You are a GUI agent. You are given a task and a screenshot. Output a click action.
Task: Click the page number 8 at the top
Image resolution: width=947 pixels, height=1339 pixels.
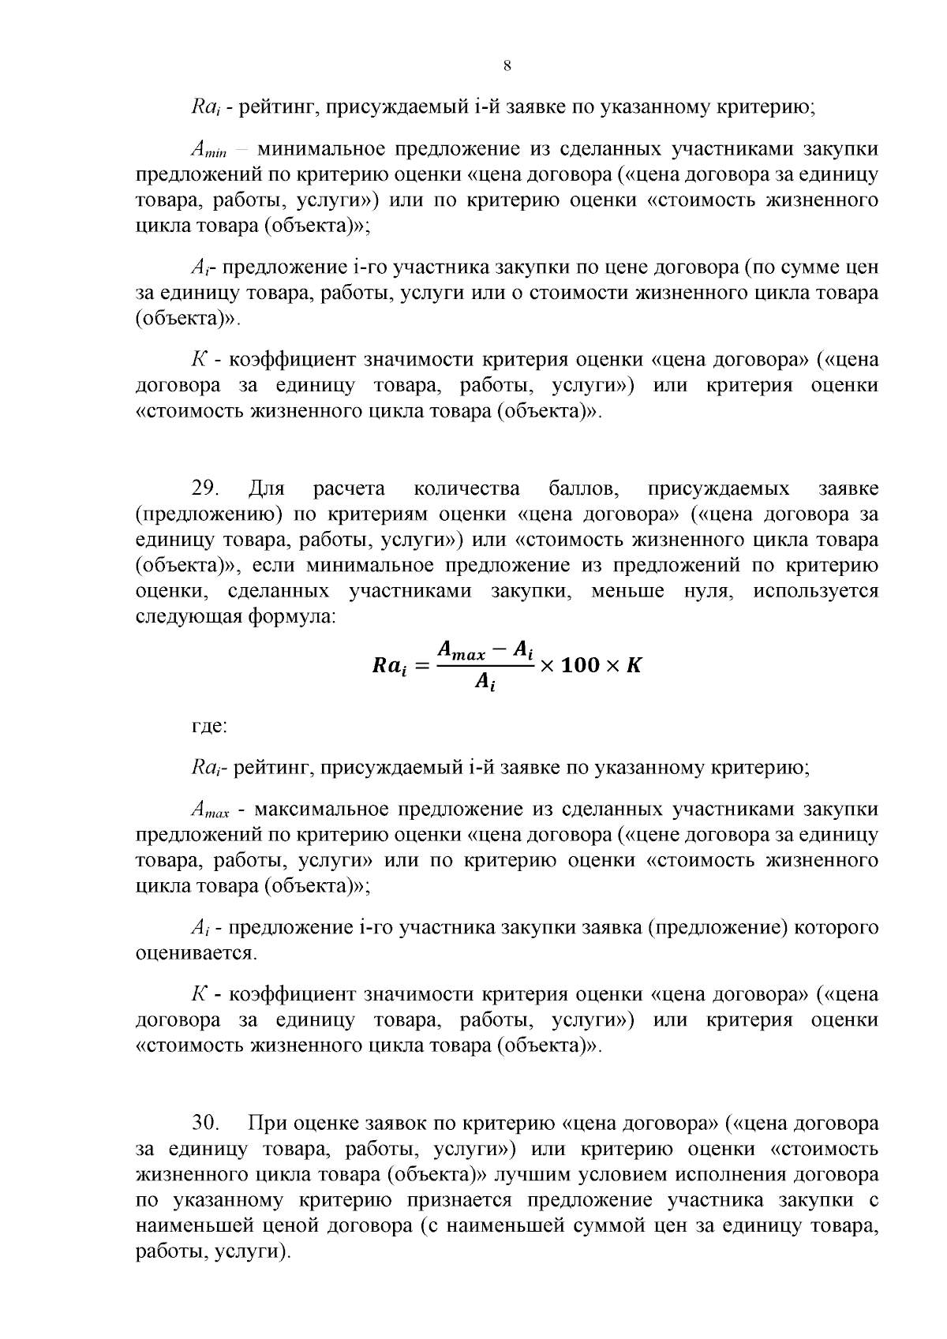click(x=507, y=65)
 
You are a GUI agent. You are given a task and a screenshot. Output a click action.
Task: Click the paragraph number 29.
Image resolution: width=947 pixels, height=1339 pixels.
click(x=206, y=488)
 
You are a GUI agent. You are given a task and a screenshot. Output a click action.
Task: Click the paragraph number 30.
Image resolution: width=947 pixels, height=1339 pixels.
click(x=206, y=1122)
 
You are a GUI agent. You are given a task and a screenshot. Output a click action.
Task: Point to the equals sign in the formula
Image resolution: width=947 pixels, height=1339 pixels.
click(x=421, y=667)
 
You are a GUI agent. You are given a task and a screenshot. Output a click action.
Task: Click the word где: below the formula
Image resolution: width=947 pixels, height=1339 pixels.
click(x=209, y=725)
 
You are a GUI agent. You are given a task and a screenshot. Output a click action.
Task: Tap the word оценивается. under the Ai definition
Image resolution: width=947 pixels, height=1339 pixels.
click(x=197, y=953)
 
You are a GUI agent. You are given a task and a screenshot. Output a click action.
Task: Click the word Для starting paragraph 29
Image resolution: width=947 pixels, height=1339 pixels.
click(x=265, y=488)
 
